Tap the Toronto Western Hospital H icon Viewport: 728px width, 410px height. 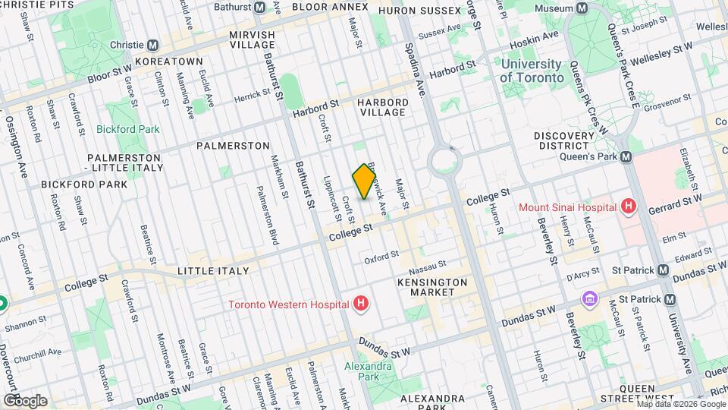(362, 304)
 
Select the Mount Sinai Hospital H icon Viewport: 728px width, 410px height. (627, 206)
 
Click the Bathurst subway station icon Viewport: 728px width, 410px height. (260, 7)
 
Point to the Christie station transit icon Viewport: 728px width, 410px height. (152, 45)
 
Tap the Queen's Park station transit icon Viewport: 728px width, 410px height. (626, 157)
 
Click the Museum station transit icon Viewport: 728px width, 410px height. (582, 8)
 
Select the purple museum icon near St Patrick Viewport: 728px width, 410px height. (588, 300)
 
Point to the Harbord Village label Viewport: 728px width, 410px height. (384, 107)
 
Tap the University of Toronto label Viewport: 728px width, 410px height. (532, 71)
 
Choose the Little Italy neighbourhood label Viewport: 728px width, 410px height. (212, 271)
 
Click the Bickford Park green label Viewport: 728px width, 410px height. (127, 129)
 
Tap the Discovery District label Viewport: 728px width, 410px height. (562, 140)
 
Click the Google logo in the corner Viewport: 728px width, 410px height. (24, 400)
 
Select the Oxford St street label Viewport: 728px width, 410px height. (381, 258)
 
